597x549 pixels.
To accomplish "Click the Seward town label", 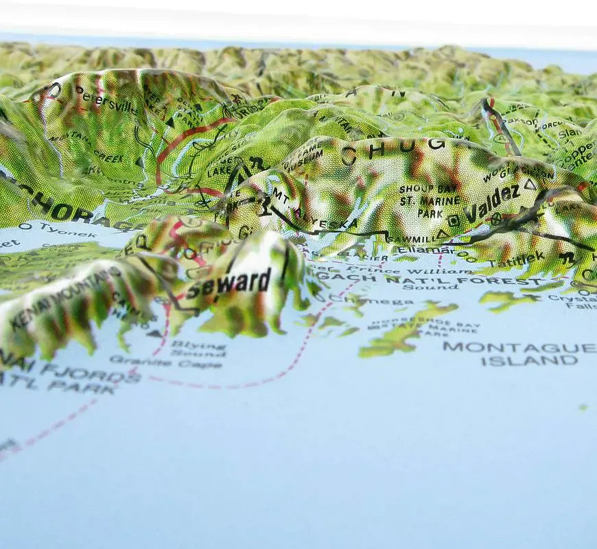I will [x=229, y=282].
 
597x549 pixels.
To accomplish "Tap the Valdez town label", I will [x=492, y=203].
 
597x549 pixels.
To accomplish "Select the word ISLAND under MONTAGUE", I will [x=529, y=361].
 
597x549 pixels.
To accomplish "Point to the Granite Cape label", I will [x=165, y=361].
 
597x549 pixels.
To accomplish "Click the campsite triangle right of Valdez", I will [x=529, y=185].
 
